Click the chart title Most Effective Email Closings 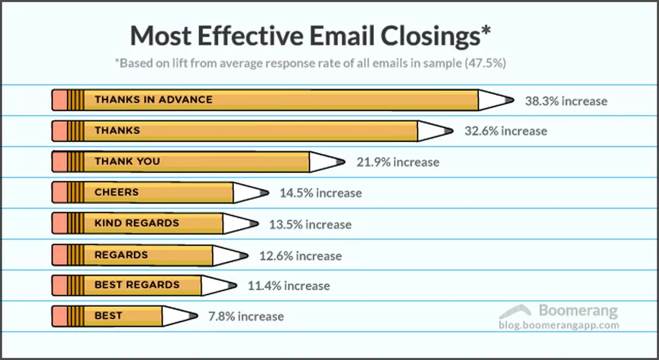click(310, 36)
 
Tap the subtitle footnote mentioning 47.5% click(310, 63)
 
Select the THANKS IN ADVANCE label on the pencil click(153, 100)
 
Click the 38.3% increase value click(566, 101)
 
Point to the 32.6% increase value click(506, 131)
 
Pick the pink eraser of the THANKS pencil click(59, 131)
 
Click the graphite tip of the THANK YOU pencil click(341, 162)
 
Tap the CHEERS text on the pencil click(116, 193)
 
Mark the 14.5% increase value click(321, 193)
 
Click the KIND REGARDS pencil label click(137, 223)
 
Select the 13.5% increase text click(310, 224)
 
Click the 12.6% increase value click(300, 256)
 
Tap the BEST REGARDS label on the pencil click(137, 285)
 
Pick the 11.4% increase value click(289, 286)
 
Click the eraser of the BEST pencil click(59, 317)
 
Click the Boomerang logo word click(578, 311)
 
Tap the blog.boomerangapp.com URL click(559, 325)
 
